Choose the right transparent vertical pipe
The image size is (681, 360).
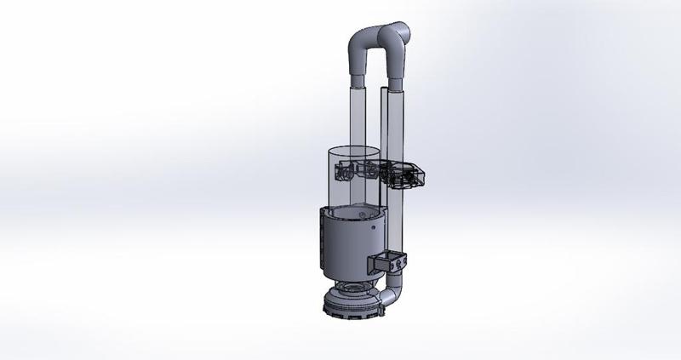pos(396,128)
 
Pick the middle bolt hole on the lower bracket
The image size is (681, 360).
pos(396,267)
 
